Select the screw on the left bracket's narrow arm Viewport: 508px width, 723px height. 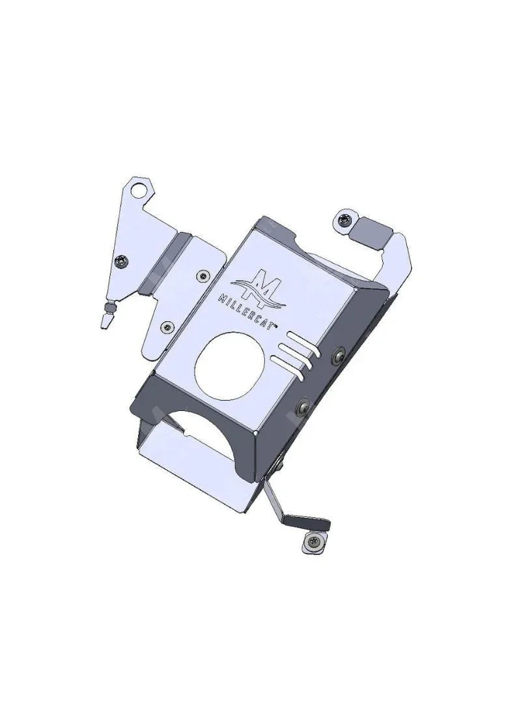click(x=122, y=261)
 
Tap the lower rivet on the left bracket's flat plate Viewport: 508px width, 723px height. click(x=168, y=327)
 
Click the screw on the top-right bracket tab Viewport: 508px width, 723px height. click(x=343, y=220)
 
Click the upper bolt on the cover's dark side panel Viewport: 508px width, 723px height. click(x=338, y=356)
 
